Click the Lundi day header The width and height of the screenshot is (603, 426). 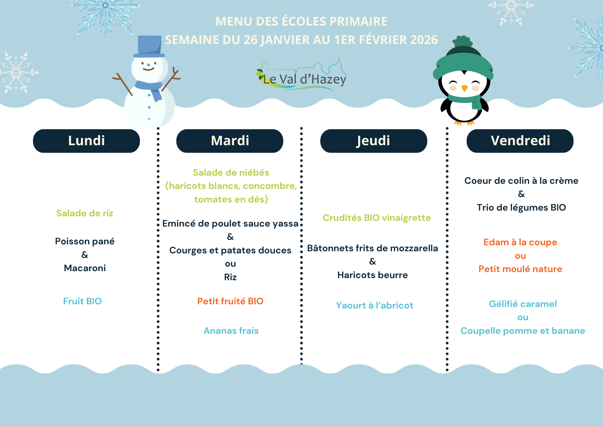pyautogui.click(x=87, y=141)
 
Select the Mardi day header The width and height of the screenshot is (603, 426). pyautogui.click(x=230, y=141)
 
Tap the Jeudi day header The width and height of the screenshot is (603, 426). pyautogui.click(x=374, y=141)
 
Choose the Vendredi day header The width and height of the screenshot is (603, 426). pyautogui.click(x=520, y=141)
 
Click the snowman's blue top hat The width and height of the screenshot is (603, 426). pyautogui.click(x=150, y=47)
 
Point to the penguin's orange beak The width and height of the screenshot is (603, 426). pyautogui.click(x=465, y=88)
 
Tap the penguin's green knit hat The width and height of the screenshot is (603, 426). pyautogui.click(x=463, y=60)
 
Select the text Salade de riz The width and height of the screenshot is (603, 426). pyautogui.click(x=85, y=213)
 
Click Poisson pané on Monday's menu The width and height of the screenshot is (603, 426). pyautogui.click(x=85, y=241)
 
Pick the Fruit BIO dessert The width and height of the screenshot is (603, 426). pyautogui.click(x=82, y=301)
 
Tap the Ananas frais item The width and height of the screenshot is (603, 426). pyautogui.click(x=231, y=331)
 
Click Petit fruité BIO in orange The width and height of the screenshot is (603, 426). pyautogui.click(x=230, y=301)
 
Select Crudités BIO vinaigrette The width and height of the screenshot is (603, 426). pyautogui.click(x=377, y=218)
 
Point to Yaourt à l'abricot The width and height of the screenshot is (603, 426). pyautogui.click(x=374, y=305)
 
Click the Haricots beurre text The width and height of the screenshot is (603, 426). pyautogui.click(x=373, y=275)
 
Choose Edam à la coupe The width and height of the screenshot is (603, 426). pyautogui.click(x=520, y=242)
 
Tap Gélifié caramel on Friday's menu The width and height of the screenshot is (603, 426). pyautogui.click(x=523, y=304)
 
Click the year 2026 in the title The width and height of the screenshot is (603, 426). pyautogui.click(x=424, y=40)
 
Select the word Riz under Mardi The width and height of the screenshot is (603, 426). pyautogui.click(x=230, y=277)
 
